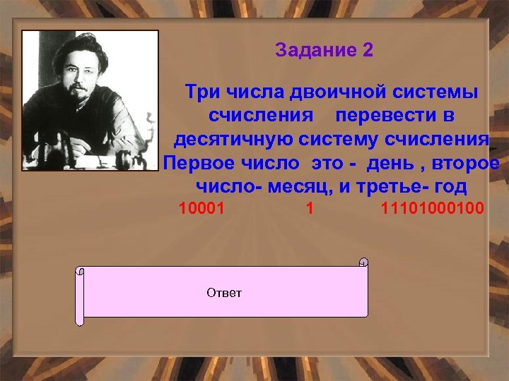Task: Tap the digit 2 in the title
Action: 367,51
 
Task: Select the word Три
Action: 200,92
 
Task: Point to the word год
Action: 450,187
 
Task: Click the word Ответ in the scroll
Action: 223,293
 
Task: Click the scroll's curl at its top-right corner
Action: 363,262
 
